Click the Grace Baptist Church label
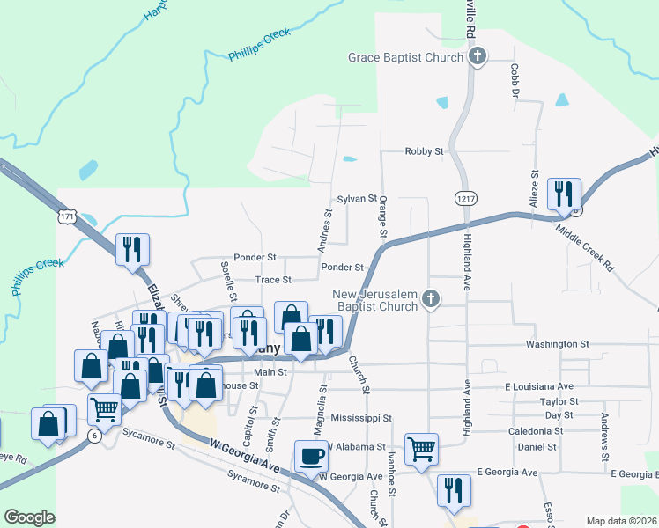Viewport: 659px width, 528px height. tap(405, 58)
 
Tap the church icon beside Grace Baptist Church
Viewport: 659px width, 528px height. tap(478, 58)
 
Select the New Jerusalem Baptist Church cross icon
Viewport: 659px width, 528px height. tap(430, 300)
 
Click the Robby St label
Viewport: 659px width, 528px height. tap(424, 151)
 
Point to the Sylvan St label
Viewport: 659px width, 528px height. tap(357, 200)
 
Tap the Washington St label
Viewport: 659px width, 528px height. tap(557, 344)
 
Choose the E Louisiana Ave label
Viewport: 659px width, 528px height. tap(539, 386)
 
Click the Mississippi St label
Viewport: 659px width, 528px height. tap(361, 418)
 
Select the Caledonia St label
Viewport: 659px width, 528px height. tap(536, 431)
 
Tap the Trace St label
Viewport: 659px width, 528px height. tap(273, 280)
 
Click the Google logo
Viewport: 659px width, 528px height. tap(29, 517)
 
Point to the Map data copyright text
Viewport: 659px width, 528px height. tap(622, 521)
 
